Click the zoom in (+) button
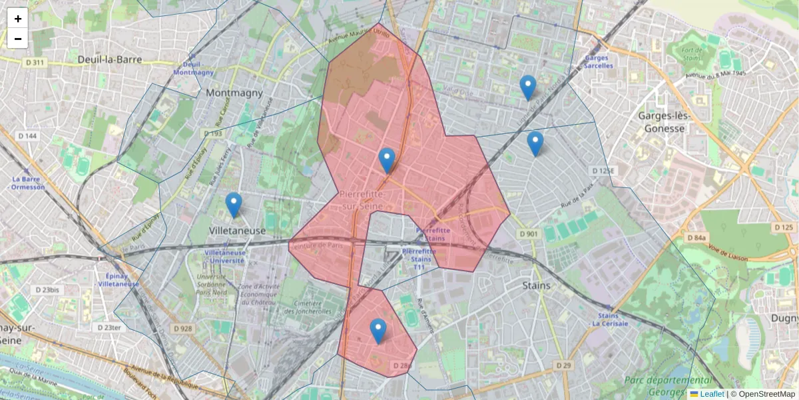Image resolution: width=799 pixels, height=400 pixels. point(18,19)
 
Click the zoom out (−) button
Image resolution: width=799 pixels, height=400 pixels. point(18,39)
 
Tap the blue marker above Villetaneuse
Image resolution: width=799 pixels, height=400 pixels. point(233,205)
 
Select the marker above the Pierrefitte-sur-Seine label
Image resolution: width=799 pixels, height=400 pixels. point(387,160)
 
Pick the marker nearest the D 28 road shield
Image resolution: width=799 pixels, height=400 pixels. point(378,331)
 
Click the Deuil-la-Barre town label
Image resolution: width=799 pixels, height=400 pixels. point(110,59)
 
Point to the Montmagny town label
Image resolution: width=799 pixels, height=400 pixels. point(234,93)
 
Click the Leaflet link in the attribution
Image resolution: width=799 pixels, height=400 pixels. point(711,394)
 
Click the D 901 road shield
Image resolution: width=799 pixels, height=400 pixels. point(528,234)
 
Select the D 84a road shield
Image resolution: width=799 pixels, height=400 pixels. point(696,237)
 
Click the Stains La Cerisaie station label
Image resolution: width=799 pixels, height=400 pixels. point(613,320)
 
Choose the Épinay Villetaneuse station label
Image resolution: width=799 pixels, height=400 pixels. point(118,279)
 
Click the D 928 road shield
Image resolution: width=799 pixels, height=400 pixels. point(183,329)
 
